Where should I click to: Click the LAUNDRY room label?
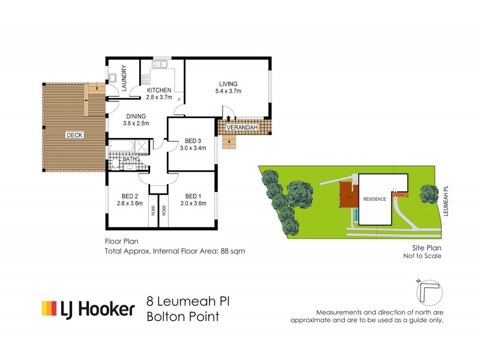coord(125,78)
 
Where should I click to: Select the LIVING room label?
coord(228,83)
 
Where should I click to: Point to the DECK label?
coord(74,135)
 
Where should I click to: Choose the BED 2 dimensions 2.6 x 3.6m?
coord(130,203)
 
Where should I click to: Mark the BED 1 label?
coord(193,196)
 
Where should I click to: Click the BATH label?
coord(130,159)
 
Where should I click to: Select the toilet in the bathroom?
coord(115,164)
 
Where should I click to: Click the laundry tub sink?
coord(113,79)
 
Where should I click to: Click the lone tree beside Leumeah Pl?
coord(428,193)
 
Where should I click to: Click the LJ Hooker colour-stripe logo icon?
coord(49,308)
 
